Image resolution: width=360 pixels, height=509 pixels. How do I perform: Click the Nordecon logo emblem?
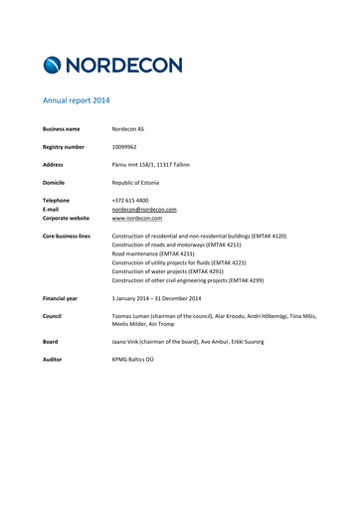pyautogui.click(x=54, y=66)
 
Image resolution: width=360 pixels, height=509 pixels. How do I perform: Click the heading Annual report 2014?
pyautogui.click(x=76, y=101)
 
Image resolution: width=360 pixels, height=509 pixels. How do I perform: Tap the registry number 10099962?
pyautogui.click(x=129, y=146)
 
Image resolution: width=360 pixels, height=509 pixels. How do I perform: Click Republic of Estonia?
pyautogui.click(x=140, y=182)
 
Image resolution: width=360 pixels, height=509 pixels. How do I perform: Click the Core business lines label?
pyautogui.click(x=67, y=237)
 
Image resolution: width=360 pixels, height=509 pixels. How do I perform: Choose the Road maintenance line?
pyautogui.click(x=159, y=254)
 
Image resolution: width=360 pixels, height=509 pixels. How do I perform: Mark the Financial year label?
pyautogui.click(x=61, y=298)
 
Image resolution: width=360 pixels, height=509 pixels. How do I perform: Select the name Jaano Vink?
pyautogui.click(x=128, y=342)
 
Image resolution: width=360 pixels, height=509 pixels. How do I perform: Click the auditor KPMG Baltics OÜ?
pyautogui.click(x=140, y=360)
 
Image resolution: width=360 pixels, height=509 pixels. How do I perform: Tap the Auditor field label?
pyautogui.click(x=55, y=360)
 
